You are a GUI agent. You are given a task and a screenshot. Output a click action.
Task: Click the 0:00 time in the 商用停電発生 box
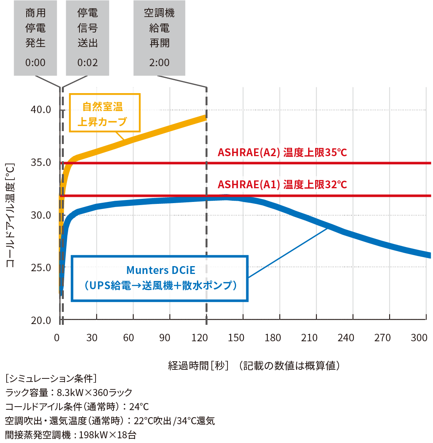point(35,63)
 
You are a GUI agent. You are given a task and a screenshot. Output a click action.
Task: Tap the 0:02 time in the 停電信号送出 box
point(87,63)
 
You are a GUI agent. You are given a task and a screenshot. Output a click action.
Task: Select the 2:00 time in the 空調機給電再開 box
point(159,63)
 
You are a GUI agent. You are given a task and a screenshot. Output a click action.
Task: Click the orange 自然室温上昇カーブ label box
point(105,113)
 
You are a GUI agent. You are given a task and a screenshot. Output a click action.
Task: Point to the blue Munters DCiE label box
point(160,278)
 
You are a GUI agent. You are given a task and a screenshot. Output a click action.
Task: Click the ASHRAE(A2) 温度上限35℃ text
point(282,152)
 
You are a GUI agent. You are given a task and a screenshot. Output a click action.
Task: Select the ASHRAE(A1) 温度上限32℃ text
point(282,184)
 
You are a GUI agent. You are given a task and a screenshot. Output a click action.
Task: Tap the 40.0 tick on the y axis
point(41,110)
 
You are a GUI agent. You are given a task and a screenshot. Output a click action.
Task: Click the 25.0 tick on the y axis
point(41,268)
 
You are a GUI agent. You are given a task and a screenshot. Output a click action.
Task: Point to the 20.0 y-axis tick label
point(41,321)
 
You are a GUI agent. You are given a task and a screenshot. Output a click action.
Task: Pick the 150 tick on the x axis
point(236,338)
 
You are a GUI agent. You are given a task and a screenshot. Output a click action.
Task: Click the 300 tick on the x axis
point(419,338)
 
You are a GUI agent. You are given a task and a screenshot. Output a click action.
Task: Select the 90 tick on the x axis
point(164,338)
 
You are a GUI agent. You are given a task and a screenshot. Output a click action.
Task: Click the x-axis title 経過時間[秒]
point(198,366)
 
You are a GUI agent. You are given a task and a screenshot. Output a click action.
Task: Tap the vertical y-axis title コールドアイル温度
point(11,215)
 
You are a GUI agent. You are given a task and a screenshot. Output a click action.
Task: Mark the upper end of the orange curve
point(205,117)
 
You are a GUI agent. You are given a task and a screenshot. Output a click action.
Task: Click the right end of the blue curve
point(429,255)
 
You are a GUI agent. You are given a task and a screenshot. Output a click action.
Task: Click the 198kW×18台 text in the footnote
point(107,435)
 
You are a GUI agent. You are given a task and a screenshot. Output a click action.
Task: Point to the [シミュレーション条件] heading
point(51,378)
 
